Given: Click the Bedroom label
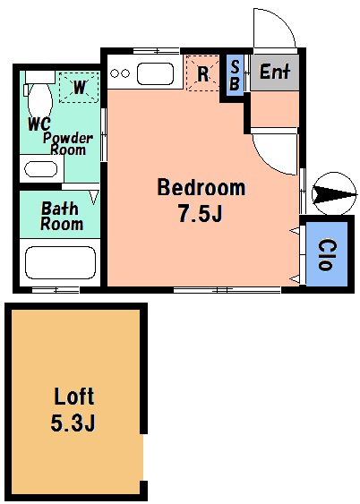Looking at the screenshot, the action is pos(201,187).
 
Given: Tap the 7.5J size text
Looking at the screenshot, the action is pos(200,213).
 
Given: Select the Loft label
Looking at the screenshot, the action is pos(74,396).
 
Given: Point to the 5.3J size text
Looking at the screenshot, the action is pos(73,423).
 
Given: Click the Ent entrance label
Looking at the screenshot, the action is pos(275,72).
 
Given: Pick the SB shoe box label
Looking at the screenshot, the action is pos(235,75).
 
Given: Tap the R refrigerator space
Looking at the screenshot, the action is pos(203,73).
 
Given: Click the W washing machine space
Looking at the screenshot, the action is pos(79,87).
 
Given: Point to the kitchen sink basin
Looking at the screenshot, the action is pos(155,73).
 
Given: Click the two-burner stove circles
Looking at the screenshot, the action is pos(120,73).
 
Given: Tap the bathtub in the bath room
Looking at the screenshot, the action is pos(60,262).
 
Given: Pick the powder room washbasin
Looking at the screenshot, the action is pos(41,169).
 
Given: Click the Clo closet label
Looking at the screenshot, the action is pos(328,254).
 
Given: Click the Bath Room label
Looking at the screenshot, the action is pos(62,216).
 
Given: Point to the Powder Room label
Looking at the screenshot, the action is pos(68,143).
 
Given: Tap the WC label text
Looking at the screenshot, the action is pos(39,124).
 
